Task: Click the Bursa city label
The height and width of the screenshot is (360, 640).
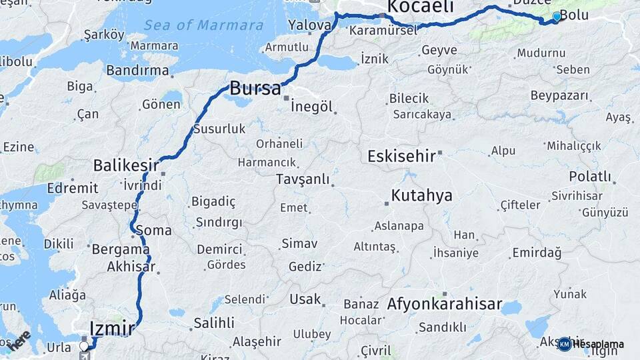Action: tap(255, 87)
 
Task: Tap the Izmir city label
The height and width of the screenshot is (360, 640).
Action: tap(111, 327)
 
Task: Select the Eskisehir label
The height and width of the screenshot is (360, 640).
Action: tap(402, 156)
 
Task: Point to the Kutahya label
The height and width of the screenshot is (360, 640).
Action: tap(421, 195)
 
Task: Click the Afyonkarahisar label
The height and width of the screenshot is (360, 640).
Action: tap(444, 304)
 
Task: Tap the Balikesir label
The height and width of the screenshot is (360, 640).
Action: tap(126, 165)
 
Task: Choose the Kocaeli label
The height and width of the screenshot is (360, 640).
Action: tap(420, 7)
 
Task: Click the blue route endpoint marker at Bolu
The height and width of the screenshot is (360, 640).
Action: tap(557, 16)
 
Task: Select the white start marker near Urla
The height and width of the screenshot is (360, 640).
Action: tap(84, 347)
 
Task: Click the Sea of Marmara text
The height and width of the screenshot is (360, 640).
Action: tap(204, 25)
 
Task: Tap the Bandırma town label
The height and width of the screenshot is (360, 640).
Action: tap(137, 69)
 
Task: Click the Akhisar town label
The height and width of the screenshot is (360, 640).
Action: tap(131, 267)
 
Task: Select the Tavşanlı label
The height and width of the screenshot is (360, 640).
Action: tap(303, 179)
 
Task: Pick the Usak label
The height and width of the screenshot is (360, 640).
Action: tap(305, 299)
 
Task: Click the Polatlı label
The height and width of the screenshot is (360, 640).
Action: tap(590, 177)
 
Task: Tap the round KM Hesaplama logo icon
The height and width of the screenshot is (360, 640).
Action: tap(565, 344)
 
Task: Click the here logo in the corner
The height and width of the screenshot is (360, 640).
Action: tap(19, 339)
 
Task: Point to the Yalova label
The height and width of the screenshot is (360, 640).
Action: tap(309, 25)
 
